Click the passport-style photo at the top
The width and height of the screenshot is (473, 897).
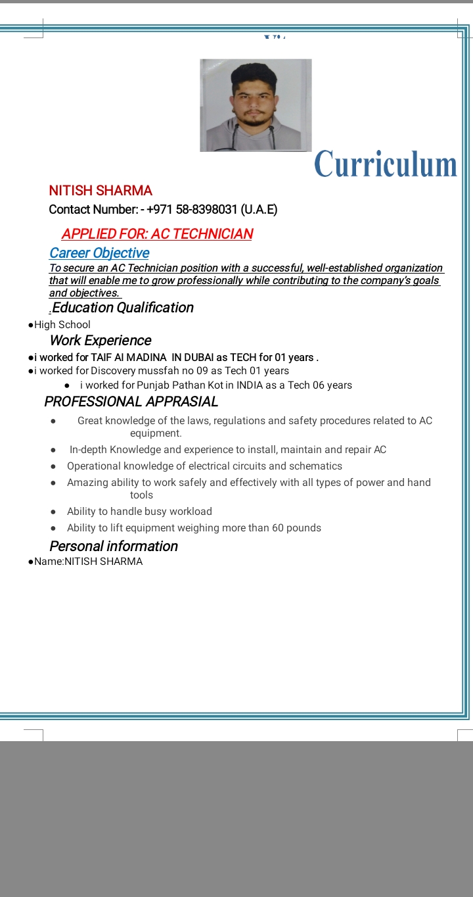tap(256, 105)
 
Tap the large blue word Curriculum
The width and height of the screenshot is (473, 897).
tap(386, 164)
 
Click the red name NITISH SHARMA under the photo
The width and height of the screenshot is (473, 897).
tap(101, 191)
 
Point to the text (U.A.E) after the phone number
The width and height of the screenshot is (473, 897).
tap(259, 210)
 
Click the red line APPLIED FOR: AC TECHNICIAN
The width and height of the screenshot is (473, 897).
tap(157, 234)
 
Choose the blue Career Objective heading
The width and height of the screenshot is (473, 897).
tap(99, 253)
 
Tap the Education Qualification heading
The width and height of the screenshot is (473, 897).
tap(122, 308)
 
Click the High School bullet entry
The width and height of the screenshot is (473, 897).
tap(62, 325)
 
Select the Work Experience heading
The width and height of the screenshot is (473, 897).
tap(101, 341)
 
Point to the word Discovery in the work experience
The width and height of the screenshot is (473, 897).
tap(113, 371)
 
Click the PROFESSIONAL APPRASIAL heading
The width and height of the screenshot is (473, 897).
tap(131, 402)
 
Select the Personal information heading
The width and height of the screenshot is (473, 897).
tap(114, 546)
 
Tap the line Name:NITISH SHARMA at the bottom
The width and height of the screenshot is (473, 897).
tap(88, 562)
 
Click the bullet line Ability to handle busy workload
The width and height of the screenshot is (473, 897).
tap(139, 512)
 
